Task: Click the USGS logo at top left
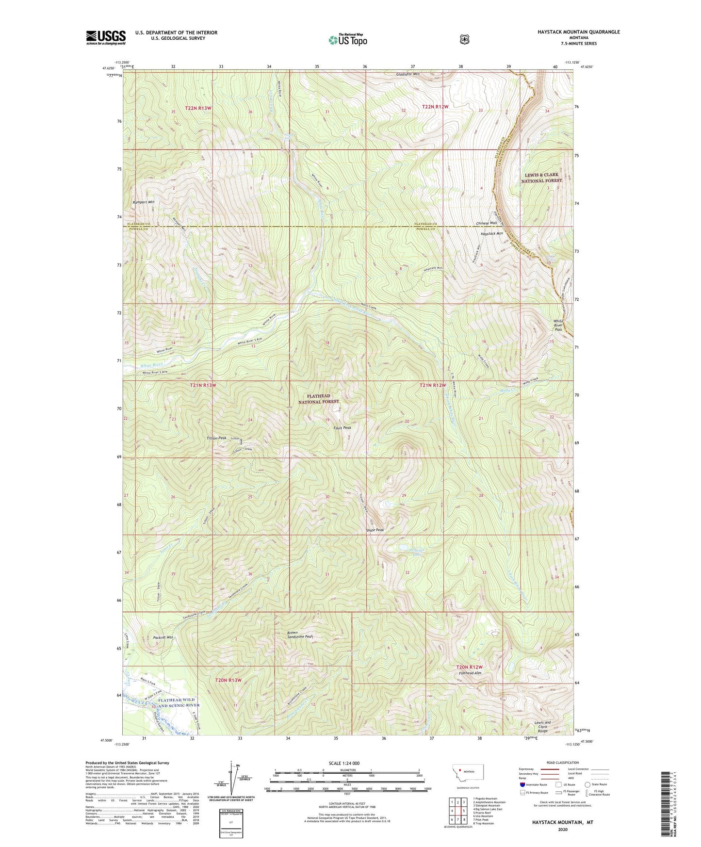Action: [106, 37]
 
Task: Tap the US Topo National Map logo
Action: [348, 40]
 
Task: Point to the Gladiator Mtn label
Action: [408, 74]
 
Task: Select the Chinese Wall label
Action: [487, 223]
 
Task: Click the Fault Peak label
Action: [342, 428]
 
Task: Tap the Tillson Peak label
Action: [216, 438]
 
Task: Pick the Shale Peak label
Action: [375, 530]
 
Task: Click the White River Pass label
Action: [558, 325]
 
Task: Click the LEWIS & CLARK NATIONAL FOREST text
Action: [541, 178]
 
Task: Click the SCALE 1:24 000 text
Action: [344, 764]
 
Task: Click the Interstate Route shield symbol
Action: [522, 784]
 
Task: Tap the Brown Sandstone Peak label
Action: [299, 635]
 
